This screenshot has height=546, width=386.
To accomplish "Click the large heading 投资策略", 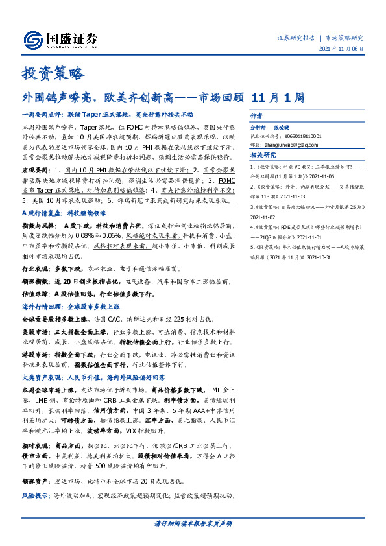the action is coord(54,73).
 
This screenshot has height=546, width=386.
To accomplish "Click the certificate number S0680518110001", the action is coord(314,137).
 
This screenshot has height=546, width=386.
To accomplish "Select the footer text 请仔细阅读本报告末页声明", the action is coord(193,523).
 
